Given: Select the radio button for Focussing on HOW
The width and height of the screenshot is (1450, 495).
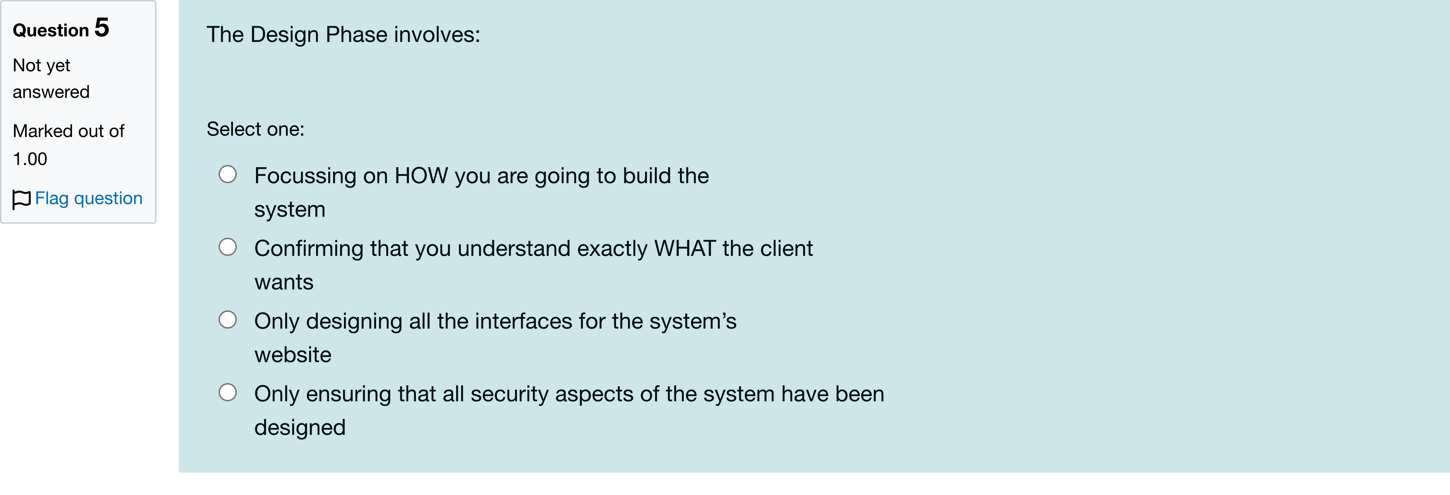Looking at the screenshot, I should pos(227,174).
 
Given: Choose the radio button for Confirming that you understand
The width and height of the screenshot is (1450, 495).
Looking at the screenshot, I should pos(227,247).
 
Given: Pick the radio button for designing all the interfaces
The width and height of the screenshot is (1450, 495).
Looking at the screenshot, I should pos(227,320).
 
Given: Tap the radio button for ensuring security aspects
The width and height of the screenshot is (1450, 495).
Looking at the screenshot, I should pos(227,393).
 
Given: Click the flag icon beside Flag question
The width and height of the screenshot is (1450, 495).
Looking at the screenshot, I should pos(21,199).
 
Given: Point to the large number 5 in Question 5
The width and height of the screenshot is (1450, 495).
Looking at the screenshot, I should pos(102,28).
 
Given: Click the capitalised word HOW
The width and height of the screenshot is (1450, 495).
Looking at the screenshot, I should pos(421,176).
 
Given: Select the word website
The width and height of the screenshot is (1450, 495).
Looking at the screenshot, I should pos(293,355).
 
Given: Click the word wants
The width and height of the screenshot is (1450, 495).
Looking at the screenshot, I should pos(284,282).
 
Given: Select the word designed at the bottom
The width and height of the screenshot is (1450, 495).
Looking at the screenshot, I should pos(299,428).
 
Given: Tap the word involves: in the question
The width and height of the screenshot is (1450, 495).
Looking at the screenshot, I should pos(437,35).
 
